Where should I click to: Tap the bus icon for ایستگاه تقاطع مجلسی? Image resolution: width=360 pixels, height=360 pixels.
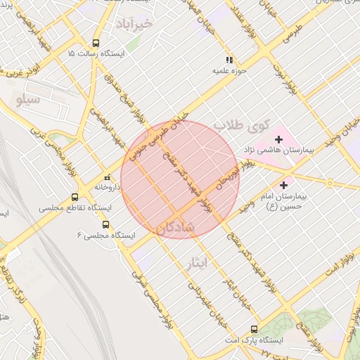75,198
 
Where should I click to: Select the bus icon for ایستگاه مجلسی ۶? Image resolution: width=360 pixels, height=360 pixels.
105,225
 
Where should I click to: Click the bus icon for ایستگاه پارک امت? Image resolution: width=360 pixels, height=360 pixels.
254,329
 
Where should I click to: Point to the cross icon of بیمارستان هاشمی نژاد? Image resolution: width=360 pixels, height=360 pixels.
280,140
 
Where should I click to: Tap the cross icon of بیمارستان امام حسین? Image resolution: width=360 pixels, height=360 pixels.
283,185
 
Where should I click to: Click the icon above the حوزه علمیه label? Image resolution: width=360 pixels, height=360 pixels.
229,60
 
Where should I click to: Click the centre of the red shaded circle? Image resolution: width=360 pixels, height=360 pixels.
180,179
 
